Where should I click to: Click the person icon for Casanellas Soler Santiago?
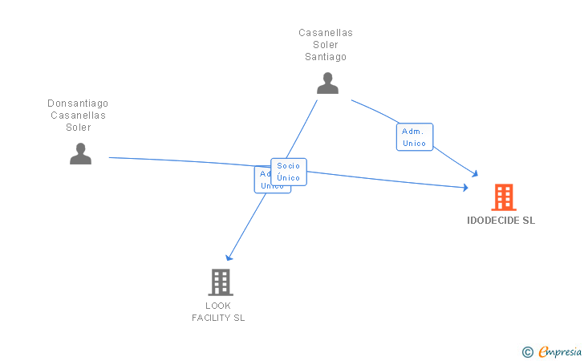click(327, 83)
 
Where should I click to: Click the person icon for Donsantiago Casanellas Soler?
click(80, 153)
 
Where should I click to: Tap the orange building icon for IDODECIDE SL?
click(503, 197)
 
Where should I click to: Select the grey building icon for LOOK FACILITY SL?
click(221, 282)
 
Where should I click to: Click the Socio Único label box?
click(289, 172)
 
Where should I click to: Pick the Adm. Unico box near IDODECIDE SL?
click(414, 137)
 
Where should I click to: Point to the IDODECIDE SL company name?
click(501, 221)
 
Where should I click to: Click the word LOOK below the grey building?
click(218, 306)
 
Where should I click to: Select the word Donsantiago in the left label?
click(78, 103)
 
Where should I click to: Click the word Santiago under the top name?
click(326, 57)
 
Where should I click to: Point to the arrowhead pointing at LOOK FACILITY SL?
click(229, 258)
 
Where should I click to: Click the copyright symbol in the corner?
click(527, 351)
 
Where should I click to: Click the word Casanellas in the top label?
click(326, 33)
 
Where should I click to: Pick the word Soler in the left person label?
click(79, 128)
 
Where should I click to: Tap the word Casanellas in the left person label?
click(79, 116)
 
